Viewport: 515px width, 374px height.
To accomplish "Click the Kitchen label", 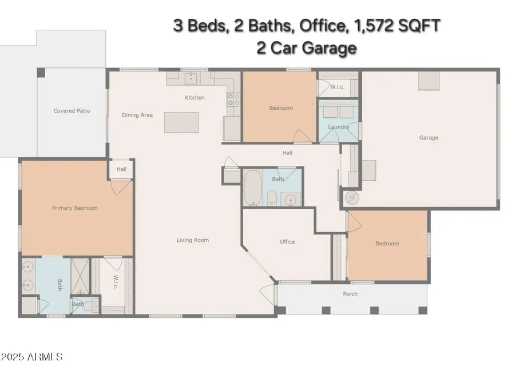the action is click(195, 98).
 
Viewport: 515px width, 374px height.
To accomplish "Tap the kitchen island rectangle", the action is click(181, 122).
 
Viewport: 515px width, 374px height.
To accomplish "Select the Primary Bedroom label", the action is click(75, 208).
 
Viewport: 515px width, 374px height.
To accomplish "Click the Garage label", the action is click(429, 138).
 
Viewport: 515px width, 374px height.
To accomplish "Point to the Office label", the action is click(287, 242).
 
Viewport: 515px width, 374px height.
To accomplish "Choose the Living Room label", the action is click(193, 240).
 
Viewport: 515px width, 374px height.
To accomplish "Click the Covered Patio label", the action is click(72, 111).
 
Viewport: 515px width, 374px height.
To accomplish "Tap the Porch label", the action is click(350, 294).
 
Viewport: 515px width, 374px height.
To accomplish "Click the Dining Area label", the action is click(137, 115).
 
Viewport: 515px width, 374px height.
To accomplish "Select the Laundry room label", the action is click(339, 127).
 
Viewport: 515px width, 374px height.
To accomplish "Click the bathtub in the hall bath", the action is click(253, 188).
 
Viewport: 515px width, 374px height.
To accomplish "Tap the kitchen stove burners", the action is click(234, 100).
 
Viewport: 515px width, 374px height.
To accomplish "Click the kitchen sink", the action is click(191, 78).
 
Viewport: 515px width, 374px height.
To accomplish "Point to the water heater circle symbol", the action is click(352, 198).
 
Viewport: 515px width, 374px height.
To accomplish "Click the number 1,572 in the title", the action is click(373, 26).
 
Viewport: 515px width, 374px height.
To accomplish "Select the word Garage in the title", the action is click(329, 48).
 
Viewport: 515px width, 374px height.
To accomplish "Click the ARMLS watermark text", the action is click(45, 357).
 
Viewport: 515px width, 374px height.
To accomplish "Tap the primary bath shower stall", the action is click(80, 276).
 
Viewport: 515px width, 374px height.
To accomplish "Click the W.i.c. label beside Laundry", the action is click(338, 87).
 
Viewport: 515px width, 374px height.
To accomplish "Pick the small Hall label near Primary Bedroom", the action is click(121, 169).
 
